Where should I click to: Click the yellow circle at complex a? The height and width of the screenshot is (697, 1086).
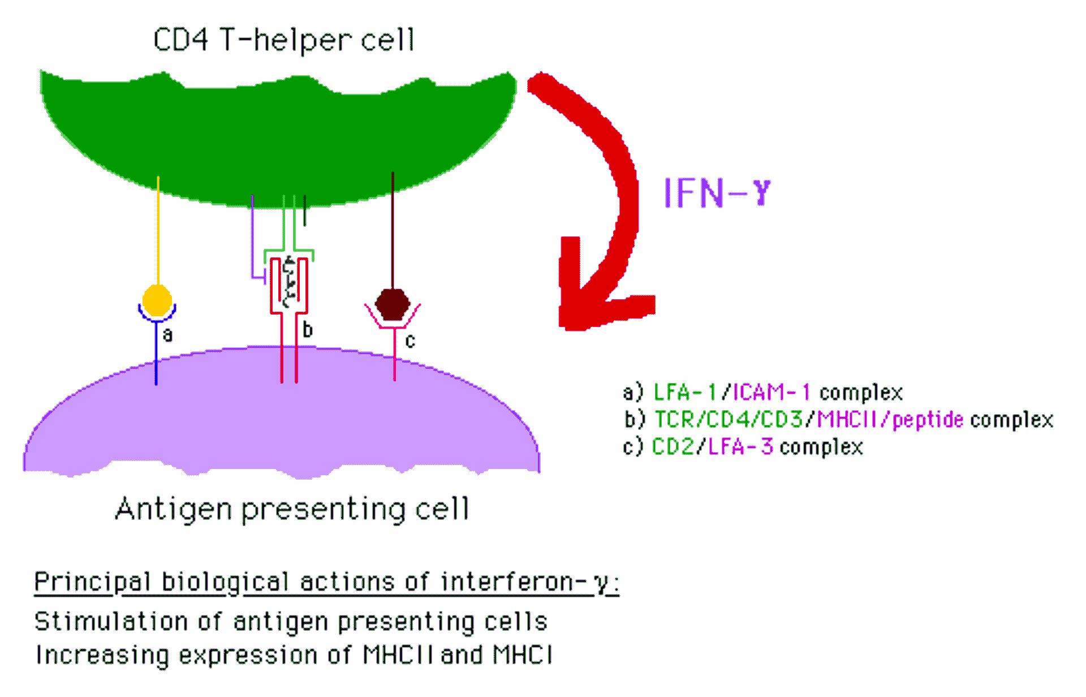pyautogui.click(x=157, y=300)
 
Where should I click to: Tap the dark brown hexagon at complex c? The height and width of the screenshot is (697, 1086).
pyautogui.click(x=393, y=304)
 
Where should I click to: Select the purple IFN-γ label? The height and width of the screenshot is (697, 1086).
pyautogui.click(x=717, y=193)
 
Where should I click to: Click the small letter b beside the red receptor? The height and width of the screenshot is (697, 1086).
pyautogui.click(x=307, y=329)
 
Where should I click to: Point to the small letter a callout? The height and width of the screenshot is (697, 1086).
pyautogui.click(x=167, y=335)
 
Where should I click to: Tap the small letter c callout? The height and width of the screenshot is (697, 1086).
pyautogui.click(x=410, y=341)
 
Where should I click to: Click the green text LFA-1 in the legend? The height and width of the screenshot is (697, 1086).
pyautogui.click(x=685, y=392)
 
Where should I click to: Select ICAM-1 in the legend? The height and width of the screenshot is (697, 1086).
pyautogui.click(x=772, y=392)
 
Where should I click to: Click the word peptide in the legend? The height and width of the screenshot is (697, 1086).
pyautogui.click(x=928, y=420)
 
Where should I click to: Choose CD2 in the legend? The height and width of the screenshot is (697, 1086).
pyautogui.click(x=673, y=447)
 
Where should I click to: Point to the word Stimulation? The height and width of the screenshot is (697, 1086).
pyautogui.click(x=111, y=621)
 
